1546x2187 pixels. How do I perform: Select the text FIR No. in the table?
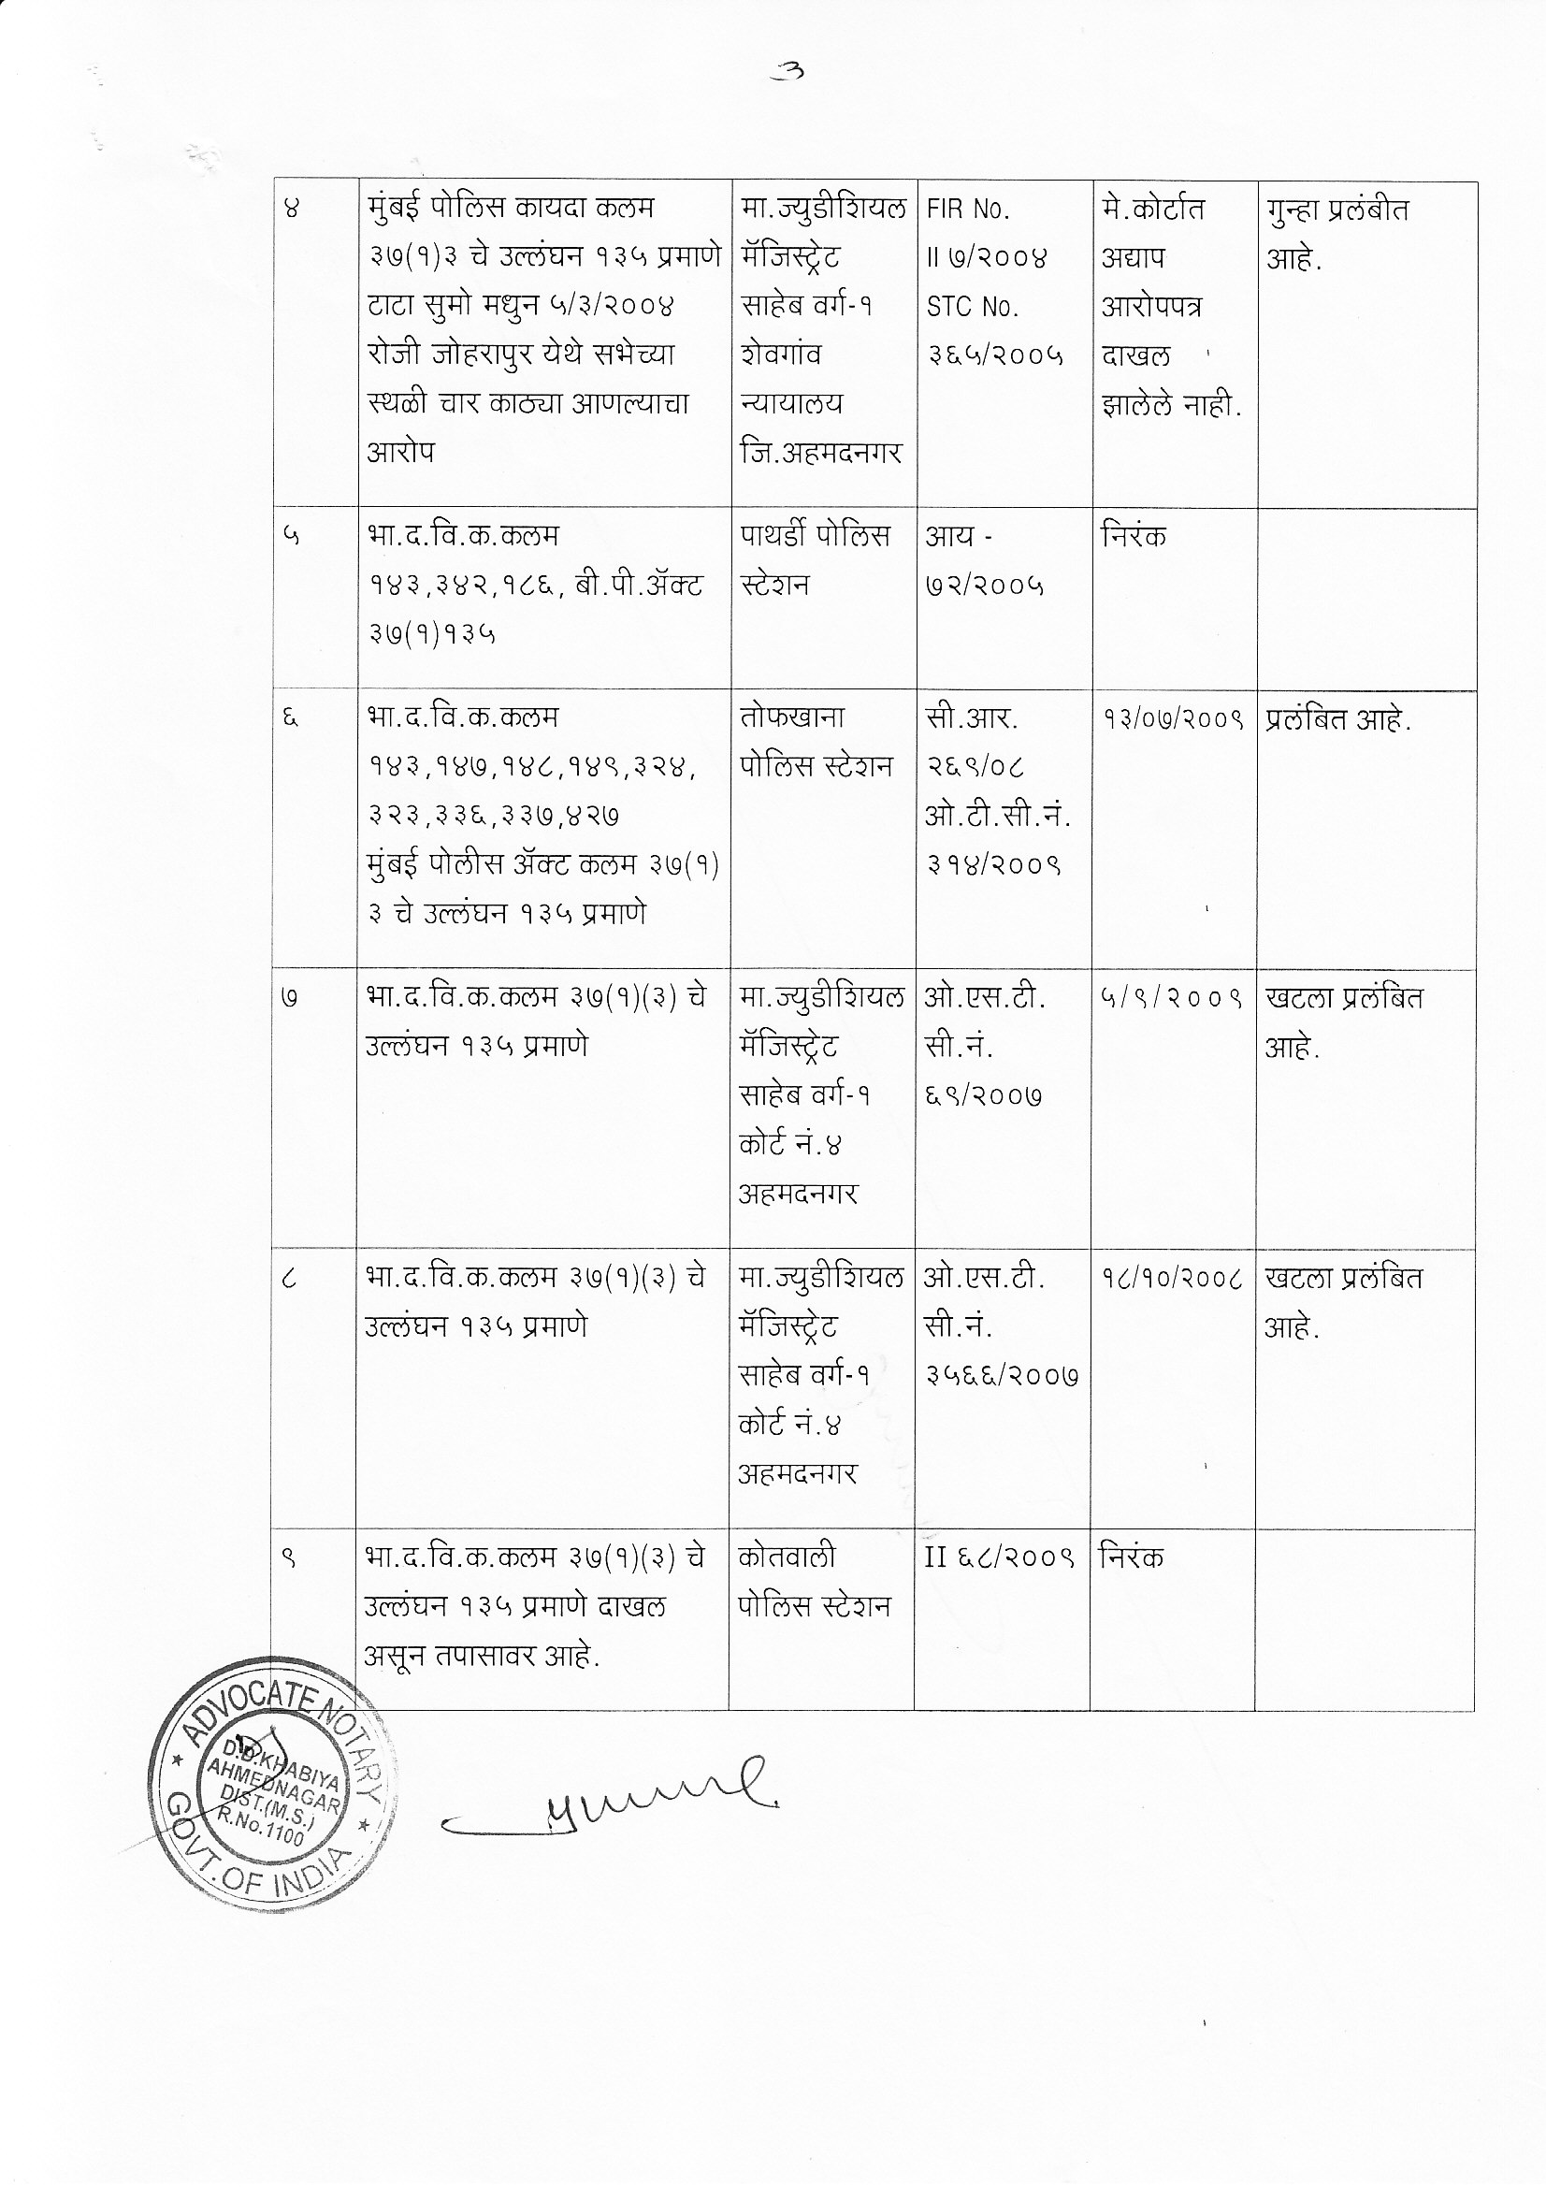[x=968, y=210]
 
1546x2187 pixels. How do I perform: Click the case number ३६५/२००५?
[x=995, y=356]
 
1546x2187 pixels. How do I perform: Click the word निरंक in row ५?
[x=1134, y=536]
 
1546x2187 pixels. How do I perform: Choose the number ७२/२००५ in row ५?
[x=985, y=585]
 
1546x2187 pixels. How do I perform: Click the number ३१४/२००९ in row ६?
[x=993, y=865]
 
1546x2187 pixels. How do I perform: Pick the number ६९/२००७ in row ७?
[x=983, y=1096]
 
